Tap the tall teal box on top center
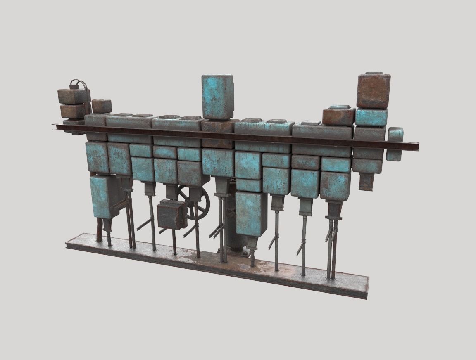pyautogui.click(x=217, y=97)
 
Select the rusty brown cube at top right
pyautogui.click(x=374, y=90)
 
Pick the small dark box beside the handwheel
pyautogui.click(x=172, y=214)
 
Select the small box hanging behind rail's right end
pyautogui.click(x=395, y=144)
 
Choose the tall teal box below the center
pyautogui.click(x=251, y=213)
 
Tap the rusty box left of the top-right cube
pyautogui.click(x=338, y=116)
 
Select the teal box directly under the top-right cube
pyautogui.click(x=371, y=117)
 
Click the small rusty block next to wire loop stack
pyautogui.click(x=101, y=106)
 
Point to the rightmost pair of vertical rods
pyautogui.click(x=332, y=248)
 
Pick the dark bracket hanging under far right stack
pyautogui.click(x=366, y=182)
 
